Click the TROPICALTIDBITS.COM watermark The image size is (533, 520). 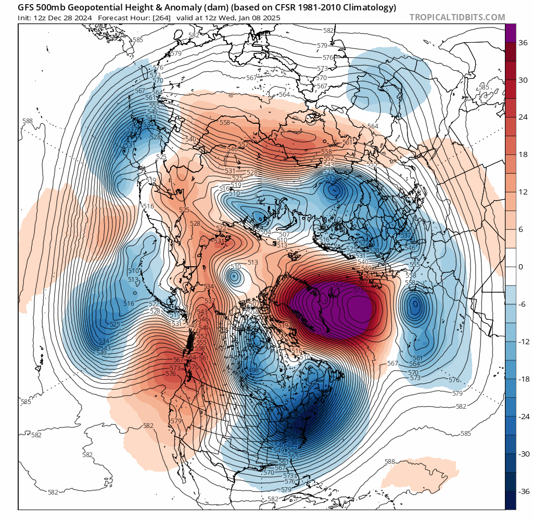(x=457, y=17)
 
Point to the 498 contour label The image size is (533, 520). (x=254, y=370)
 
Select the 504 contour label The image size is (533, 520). (x=265, y=232)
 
